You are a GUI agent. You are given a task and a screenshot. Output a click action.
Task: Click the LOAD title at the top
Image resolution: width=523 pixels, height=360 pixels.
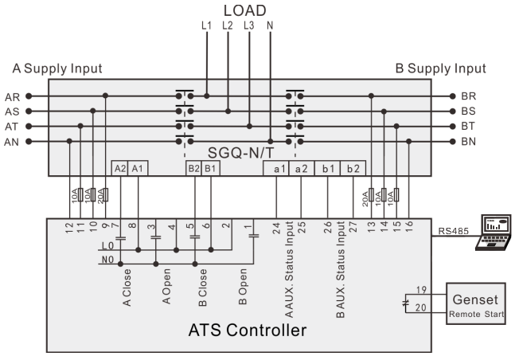(x=244, y=10)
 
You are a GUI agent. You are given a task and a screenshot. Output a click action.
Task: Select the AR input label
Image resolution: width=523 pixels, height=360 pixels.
(x=13, y=96)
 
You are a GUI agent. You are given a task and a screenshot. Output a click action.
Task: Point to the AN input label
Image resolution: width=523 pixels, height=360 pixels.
(x=13, y=142)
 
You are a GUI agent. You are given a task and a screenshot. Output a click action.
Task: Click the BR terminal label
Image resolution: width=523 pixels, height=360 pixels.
(x=468, y=96)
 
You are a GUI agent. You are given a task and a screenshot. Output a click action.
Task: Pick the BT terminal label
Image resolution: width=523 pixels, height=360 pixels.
(x=468, y=127)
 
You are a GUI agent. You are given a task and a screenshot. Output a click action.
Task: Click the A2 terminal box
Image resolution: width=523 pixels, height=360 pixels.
(x=120, y=168)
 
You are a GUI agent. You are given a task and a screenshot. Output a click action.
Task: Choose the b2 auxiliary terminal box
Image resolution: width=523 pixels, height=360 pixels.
(x=353, y=168)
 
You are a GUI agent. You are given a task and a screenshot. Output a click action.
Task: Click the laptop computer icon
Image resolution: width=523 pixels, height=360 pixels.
(x=493, y=232)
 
